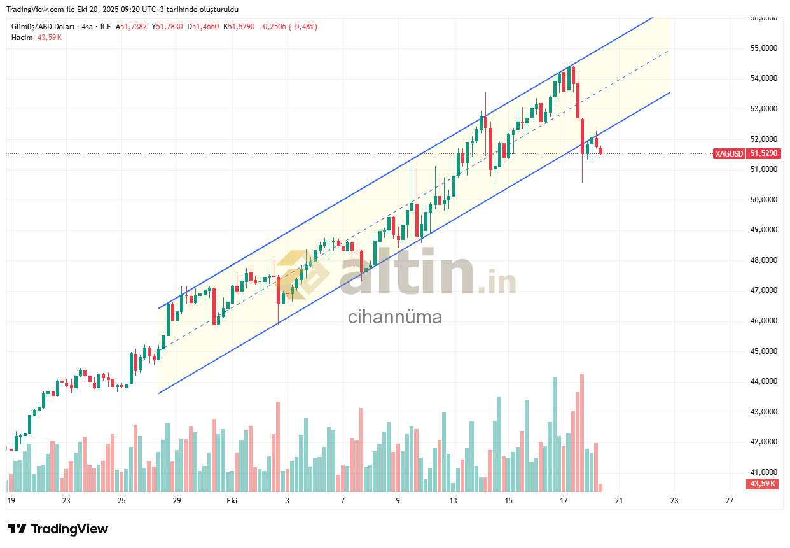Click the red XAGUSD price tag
tap(729, 153)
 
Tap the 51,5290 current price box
tap(764, 153)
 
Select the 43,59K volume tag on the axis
tap(762, 484)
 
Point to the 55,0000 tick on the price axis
tap(764, 48)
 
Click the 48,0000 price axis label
tap(764, 260)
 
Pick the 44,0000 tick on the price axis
tap(764, 381)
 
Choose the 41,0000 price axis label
tap(764, 472)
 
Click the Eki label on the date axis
tap(232, 501)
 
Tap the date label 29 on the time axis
tap(177, 501)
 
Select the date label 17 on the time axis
tap(564, 501)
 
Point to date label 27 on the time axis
tap(729, 501)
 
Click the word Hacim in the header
tap(22, 38)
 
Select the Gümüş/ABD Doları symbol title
tap(42, 27)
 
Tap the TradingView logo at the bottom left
tap(58, 529)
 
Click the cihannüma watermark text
tap(394, 316)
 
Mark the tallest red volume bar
tap(582, 433)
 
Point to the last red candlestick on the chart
tap(601, 151)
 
